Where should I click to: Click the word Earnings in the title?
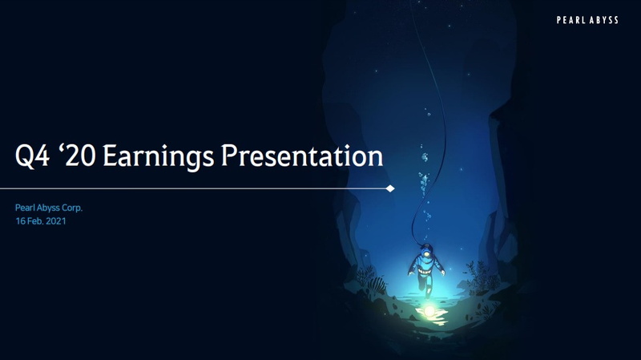[158, 156]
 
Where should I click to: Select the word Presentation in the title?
[302, 156]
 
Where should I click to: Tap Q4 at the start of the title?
[32, 156]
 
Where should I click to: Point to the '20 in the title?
[77, 155]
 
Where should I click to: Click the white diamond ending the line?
[390, 188]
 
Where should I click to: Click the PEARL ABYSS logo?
[587, 20]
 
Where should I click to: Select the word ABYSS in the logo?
[603, 20]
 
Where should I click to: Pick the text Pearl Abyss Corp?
[49, 208]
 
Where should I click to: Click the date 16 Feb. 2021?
[41, 221]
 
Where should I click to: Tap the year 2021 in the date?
[56, 221]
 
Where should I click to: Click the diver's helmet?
[426, 249]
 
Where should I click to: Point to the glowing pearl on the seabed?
[429, 311]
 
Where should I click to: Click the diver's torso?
[426, 265]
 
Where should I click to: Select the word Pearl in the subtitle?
[23, 208]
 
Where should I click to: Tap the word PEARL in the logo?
[570, 20]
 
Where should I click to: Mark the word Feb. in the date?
[35, 221]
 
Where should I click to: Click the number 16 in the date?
[20, 221]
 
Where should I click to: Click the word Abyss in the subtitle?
[46, 208]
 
